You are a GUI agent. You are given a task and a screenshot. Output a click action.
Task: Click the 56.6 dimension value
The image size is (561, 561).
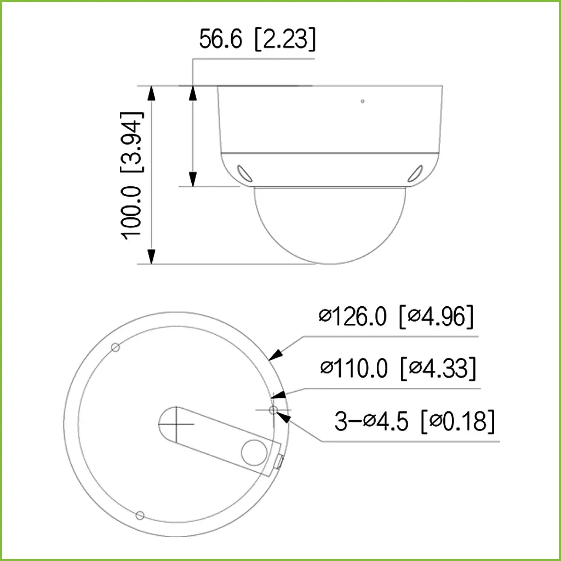coord(220,39)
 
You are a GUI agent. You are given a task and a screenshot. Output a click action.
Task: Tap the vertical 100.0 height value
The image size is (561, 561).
coord(132,211)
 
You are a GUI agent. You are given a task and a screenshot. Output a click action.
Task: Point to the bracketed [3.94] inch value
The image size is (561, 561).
coord(132,141)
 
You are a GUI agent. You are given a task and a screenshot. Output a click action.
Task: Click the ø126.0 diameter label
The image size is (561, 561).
coord(353,317)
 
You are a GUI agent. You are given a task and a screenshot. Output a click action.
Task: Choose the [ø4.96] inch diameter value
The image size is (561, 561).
coord(437,317)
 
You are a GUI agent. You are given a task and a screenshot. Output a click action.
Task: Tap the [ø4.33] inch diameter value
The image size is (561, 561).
coord(438,368)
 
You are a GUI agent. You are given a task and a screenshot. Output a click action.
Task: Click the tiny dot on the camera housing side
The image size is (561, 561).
coord(362,101)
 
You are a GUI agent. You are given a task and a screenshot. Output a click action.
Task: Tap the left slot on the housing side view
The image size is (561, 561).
coord(244,172)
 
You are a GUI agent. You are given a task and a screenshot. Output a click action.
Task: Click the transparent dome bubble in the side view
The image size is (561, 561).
coord(330,225)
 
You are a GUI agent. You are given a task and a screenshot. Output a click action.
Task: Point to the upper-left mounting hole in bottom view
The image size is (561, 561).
coord(115,347)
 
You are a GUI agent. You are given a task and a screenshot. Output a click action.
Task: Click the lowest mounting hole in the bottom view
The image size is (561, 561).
coord(140,515)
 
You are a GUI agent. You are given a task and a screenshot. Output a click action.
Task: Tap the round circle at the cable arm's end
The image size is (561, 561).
coord(253,452)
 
